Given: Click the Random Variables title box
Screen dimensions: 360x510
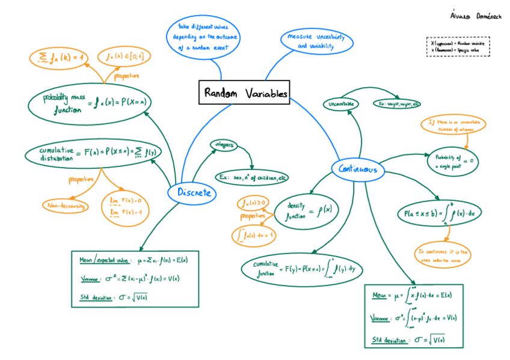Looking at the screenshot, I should tap(244, 93).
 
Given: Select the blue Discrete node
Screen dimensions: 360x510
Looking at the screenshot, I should tap(193, 192).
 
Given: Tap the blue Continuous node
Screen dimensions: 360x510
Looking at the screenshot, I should tap(358, 170).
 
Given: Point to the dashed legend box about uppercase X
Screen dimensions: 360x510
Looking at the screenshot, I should tap(458, 47).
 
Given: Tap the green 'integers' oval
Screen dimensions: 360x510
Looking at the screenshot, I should tap(223, 145).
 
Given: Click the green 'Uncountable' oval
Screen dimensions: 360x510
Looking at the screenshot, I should tap(340, 104).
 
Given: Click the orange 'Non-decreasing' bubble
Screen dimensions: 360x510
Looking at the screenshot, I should tap(65, 206).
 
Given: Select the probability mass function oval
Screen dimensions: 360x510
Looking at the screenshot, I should tap(88, 102).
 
